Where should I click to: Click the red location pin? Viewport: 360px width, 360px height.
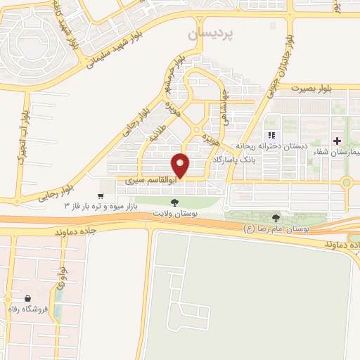pos(181,165)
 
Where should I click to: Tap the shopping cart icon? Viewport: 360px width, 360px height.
pos(103,197)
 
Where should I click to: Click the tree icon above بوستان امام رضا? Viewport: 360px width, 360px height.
pos(276,218)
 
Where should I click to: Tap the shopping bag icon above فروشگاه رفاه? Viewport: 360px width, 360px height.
pos(27,298)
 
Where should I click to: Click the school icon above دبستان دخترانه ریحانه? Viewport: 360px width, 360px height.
pos(271,136)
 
